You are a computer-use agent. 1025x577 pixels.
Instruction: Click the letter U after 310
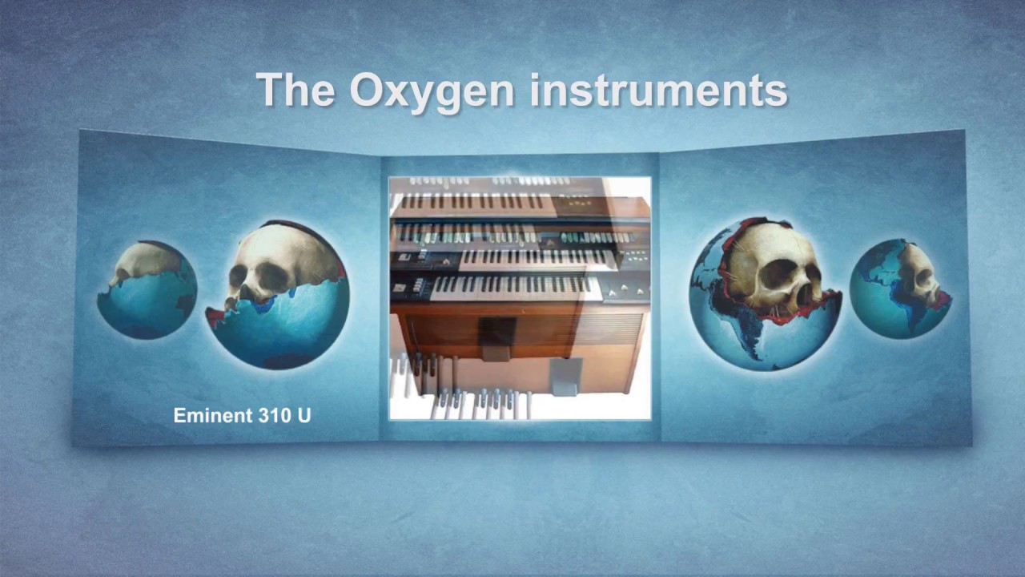(303, 415)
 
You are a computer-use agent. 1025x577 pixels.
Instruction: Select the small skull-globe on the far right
(901, 289)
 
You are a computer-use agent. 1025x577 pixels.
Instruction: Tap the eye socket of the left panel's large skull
(240, 276)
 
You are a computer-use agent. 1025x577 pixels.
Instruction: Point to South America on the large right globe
(741, 337)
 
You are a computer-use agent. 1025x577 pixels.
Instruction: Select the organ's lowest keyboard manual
(512, 286)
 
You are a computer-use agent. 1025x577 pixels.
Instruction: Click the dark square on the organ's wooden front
(497, 331)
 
